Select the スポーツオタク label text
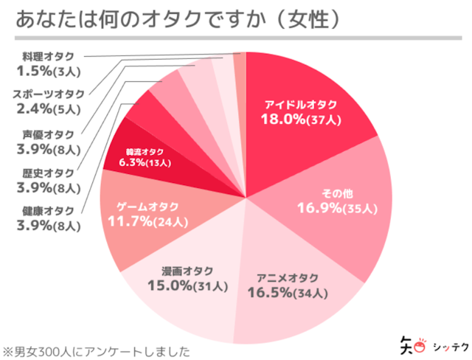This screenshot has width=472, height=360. [49, 94]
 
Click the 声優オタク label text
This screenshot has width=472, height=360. [49, 134]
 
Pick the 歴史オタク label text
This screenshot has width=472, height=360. [49, 172]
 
